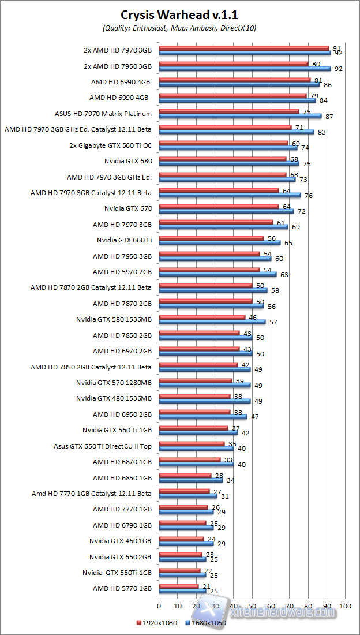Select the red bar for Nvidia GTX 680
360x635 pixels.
[x=222, y=159]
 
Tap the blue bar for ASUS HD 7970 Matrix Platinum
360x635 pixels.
[x=240, y=116]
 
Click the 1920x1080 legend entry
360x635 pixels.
[x=157, y=622]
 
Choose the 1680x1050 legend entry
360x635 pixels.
[x=206, y=622]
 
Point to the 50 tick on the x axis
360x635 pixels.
[x=252, y=606]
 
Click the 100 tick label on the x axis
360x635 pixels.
[x=345, y=606]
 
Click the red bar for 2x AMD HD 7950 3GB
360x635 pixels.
[x=233, y=63]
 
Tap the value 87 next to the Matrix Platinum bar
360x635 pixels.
[x=328, y=116]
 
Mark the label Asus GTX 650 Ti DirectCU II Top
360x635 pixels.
[x=103, y=446]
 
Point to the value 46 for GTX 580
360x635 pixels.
[x=252, y=317]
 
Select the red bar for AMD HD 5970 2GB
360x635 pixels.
[x=209, y=270]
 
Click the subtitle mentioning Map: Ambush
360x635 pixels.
[x=179, y=27]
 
